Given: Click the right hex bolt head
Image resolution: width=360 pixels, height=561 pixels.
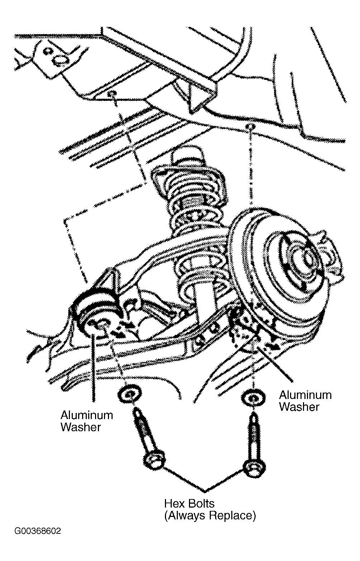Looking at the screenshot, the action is [255, 468].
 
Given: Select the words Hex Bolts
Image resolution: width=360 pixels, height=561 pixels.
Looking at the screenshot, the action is [189, 503].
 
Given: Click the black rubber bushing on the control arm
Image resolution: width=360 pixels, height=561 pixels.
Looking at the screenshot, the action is [95, 313].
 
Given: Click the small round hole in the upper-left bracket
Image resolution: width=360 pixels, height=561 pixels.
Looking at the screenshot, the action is [47, 51].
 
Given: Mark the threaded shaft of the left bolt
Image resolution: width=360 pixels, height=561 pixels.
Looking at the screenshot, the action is [143, 430].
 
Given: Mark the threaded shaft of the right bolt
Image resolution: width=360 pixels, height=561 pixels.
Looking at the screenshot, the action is [254, 437].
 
